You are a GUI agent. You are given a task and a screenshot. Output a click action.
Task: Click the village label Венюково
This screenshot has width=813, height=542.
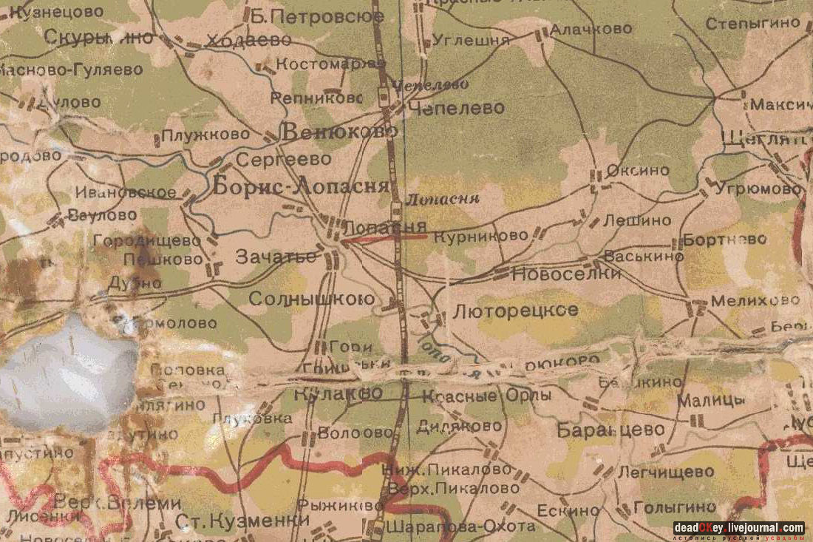340,132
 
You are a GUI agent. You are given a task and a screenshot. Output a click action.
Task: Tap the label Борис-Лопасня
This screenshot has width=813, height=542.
301,186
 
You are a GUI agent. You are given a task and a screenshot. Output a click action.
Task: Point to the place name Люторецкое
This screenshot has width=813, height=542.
515,311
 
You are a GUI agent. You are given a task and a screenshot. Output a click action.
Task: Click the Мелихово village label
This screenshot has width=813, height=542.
755,301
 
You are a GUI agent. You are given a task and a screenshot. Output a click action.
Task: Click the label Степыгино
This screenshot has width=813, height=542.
752,23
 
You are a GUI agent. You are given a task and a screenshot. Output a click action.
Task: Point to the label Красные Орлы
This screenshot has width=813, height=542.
487,396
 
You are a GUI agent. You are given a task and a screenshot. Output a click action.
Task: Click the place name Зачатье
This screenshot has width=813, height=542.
276,257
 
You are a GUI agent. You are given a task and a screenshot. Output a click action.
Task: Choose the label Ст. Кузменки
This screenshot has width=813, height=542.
242,521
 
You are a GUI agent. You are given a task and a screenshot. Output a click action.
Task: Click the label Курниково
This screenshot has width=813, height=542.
481,237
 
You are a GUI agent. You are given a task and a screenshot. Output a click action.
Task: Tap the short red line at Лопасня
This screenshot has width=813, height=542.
384,237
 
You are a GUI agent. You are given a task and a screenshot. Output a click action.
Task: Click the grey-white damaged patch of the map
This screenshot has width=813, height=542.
67,373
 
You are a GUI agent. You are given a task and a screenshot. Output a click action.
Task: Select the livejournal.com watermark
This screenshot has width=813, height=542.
738,528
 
